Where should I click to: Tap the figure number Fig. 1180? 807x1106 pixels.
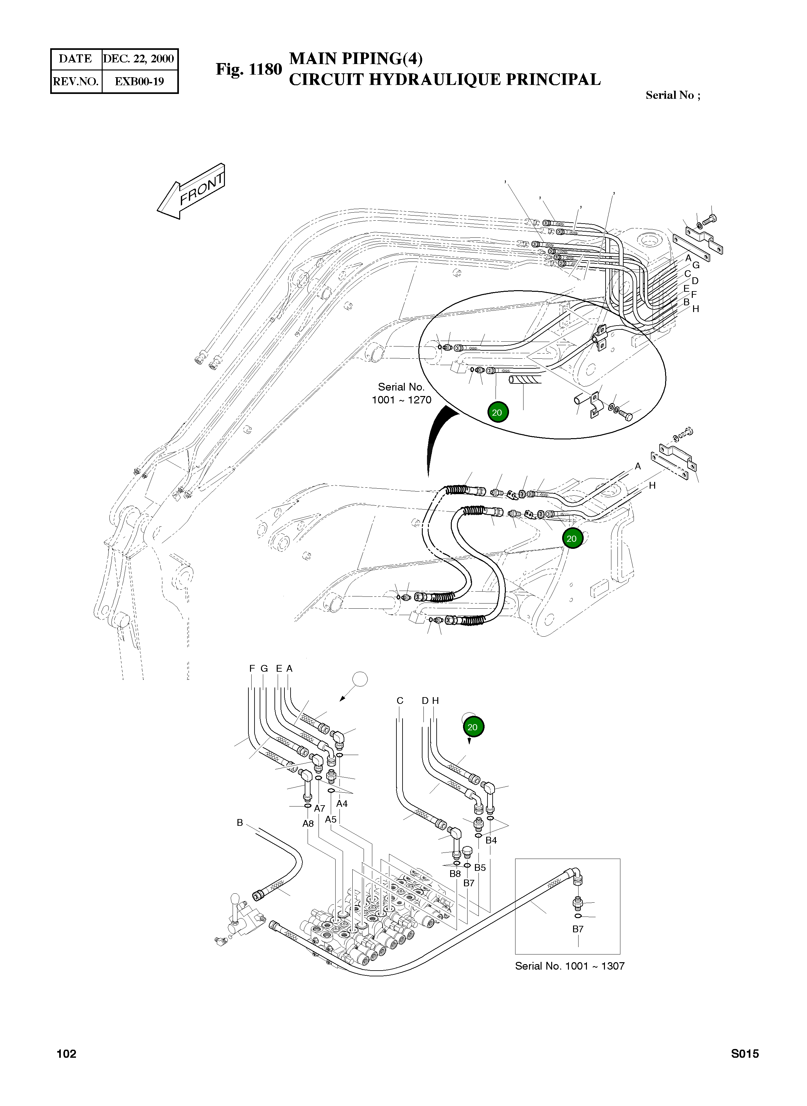pos(249,69)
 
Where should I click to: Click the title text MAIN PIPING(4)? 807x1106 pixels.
pos(356,59)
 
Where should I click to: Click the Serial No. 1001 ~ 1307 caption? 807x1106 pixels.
pos(570,966)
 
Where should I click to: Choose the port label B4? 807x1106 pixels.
pos(491,840)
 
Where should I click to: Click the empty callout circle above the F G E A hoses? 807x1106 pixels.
pos(359,679)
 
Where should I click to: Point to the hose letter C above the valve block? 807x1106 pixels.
pos(400,701)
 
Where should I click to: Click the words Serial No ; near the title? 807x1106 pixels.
pos(672,95)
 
